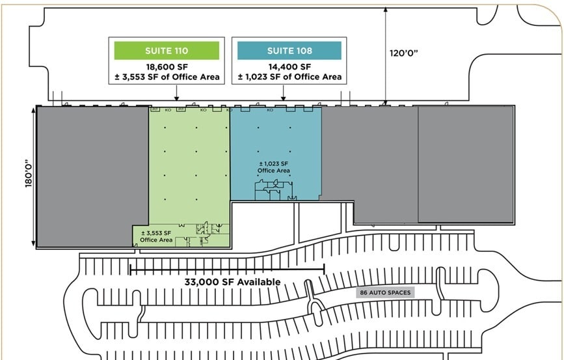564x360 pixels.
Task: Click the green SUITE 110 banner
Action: (166, 51)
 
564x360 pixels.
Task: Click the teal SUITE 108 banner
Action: (289, 51)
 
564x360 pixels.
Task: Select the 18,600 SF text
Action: (166, 66)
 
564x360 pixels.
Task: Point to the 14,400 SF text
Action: (289, 66)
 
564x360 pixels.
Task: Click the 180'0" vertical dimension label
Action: (28, 176)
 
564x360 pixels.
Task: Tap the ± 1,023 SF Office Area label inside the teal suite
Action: (273, 167)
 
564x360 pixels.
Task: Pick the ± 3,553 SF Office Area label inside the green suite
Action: (157, 236)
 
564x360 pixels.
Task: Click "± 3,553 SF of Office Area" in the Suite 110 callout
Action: (166, 77)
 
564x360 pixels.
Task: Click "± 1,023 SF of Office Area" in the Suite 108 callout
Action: (289, 77)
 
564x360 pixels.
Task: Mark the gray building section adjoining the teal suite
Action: (369, 156)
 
